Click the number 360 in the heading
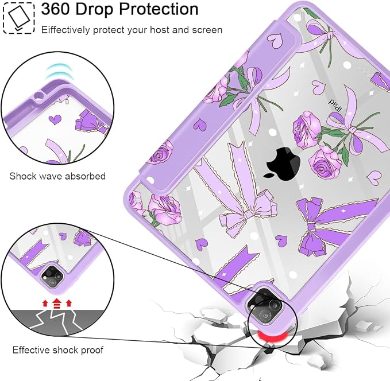point(56,9)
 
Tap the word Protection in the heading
point(159,9)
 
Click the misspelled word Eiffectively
point(65,30)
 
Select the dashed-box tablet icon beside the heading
point(18,17)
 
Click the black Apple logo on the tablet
point(283,164)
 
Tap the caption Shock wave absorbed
point(57,176)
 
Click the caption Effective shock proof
point(57,350)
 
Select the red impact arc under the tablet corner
point(272,337)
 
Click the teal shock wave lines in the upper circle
point(59,72)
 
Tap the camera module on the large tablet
point(267,306)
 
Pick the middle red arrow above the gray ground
point(57,303)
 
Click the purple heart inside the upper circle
point(55,119)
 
